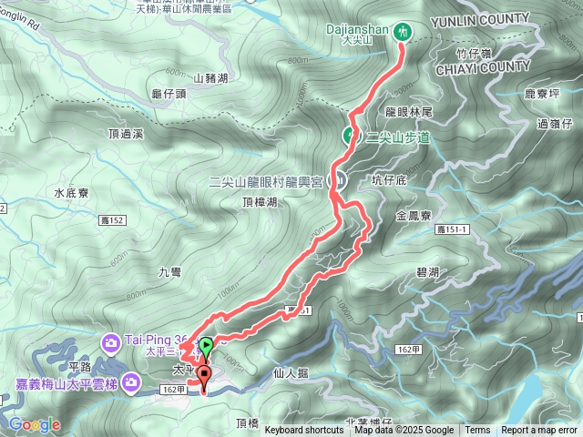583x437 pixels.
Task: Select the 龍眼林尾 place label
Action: [x=408, y=111]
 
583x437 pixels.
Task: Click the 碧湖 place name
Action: [x=427, y=272]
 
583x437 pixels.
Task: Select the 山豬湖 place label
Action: [x=210, y=80]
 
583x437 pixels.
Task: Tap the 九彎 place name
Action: [x=171, y=271]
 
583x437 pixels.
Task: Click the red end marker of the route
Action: [x=202, y=374]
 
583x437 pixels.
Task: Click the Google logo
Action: [x=34, y=424]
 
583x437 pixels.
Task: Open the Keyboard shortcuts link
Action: [x=304, y=431]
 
